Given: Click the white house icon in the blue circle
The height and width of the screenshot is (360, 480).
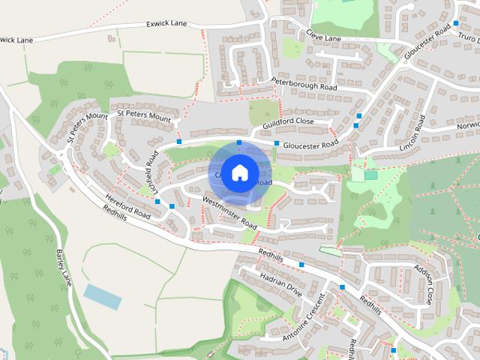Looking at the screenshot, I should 239,172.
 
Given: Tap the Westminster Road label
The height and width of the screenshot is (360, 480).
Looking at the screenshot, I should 230,211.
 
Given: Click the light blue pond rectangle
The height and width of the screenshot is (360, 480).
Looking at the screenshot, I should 103,296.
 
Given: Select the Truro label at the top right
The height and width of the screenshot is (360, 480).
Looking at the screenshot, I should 468,37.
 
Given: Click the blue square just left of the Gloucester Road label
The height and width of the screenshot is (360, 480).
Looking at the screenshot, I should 277,143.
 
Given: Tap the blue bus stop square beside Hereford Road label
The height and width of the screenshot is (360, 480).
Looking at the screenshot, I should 157,201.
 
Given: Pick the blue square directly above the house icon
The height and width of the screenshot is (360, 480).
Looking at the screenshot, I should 239,142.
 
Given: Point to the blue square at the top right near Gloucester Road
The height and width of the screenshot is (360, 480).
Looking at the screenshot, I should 456,23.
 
